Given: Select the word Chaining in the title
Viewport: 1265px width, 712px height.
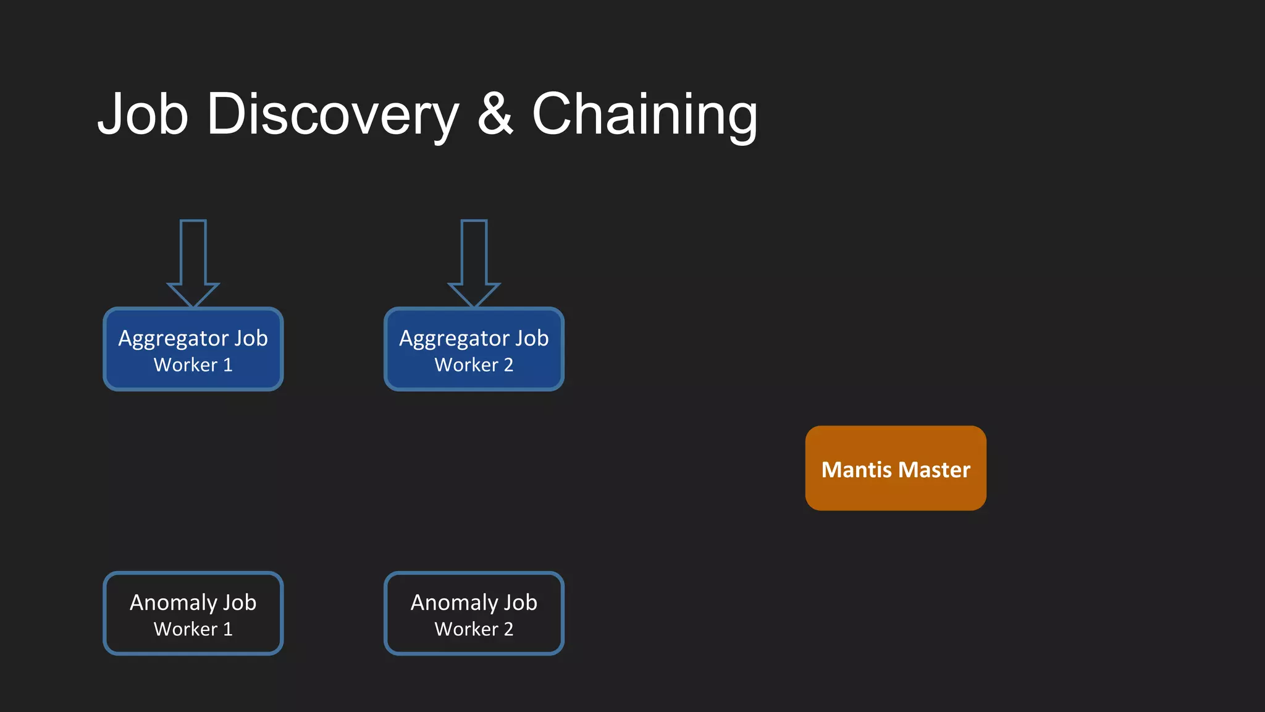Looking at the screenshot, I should [644, 114].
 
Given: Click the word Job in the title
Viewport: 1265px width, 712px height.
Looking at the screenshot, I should [143, 114].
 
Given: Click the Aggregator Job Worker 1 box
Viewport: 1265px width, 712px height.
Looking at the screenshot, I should [193, 349].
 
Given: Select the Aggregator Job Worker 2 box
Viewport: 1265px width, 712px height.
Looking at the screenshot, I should [474, 349].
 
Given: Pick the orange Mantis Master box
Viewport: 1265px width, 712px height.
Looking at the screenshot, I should [896, 468].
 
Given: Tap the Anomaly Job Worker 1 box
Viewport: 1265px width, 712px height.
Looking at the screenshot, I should [193, 613].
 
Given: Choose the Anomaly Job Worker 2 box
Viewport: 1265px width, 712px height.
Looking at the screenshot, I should [474, 613].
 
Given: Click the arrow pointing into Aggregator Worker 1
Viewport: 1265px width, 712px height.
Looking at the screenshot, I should [193, 263].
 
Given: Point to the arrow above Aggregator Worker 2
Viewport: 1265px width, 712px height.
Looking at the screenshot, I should [474, 263].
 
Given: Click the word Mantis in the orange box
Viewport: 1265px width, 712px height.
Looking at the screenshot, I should [856, 470].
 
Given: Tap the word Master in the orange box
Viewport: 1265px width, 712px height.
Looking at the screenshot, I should [935, 470].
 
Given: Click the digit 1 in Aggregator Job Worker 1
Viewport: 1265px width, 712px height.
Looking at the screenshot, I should [228, 365].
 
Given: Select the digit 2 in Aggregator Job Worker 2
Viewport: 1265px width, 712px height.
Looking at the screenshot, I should [508, 365].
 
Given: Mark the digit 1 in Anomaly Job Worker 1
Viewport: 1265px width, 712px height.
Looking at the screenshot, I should [228, 629].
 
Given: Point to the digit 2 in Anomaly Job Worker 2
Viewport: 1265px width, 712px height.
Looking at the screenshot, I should [508, 629].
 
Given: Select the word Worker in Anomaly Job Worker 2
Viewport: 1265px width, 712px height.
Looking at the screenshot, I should [466, 629].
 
